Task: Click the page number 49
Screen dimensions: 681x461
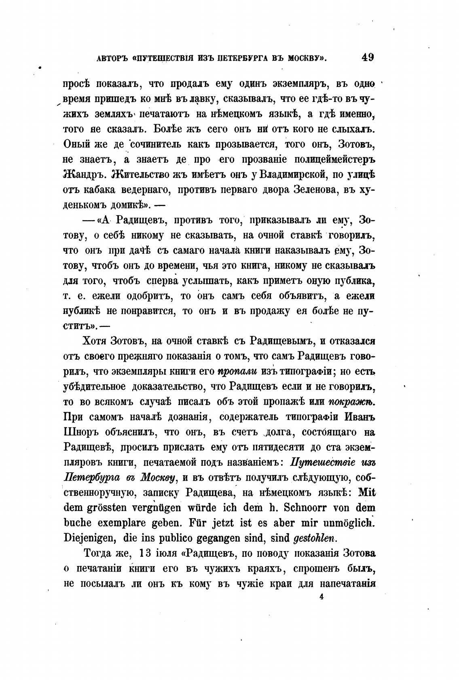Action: coord(367,57)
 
